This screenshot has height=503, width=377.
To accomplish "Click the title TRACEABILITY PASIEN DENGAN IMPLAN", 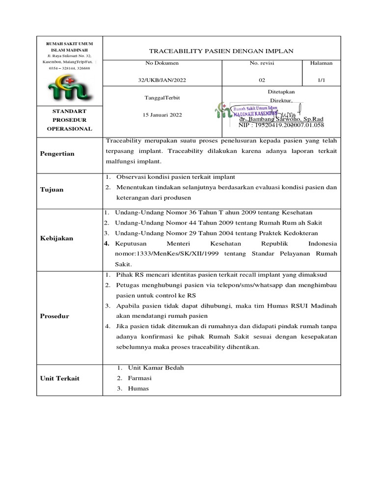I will [221, 51].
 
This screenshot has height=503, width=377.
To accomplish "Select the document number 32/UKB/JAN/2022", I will [162, 80].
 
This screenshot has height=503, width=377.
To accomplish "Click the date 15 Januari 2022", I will [162, 114].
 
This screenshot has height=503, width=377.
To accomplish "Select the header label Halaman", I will [322, 63].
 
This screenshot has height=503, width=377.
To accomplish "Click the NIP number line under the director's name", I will [281, 125].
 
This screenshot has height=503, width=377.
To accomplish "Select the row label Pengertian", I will [57, 154].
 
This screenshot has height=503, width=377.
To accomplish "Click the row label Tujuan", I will [52, 190].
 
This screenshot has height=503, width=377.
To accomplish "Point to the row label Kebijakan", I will [56, 238].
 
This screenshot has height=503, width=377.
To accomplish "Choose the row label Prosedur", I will [54, 316].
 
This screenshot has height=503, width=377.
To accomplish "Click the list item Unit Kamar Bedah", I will [156, 367].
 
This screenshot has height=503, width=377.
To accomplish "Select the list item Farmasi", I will [139, 378].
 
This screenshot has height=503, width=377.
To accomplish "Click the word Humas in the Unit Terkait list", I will [138, 389].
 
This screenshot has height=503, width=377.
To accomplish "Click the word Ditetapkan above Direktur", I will [281, 91].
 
